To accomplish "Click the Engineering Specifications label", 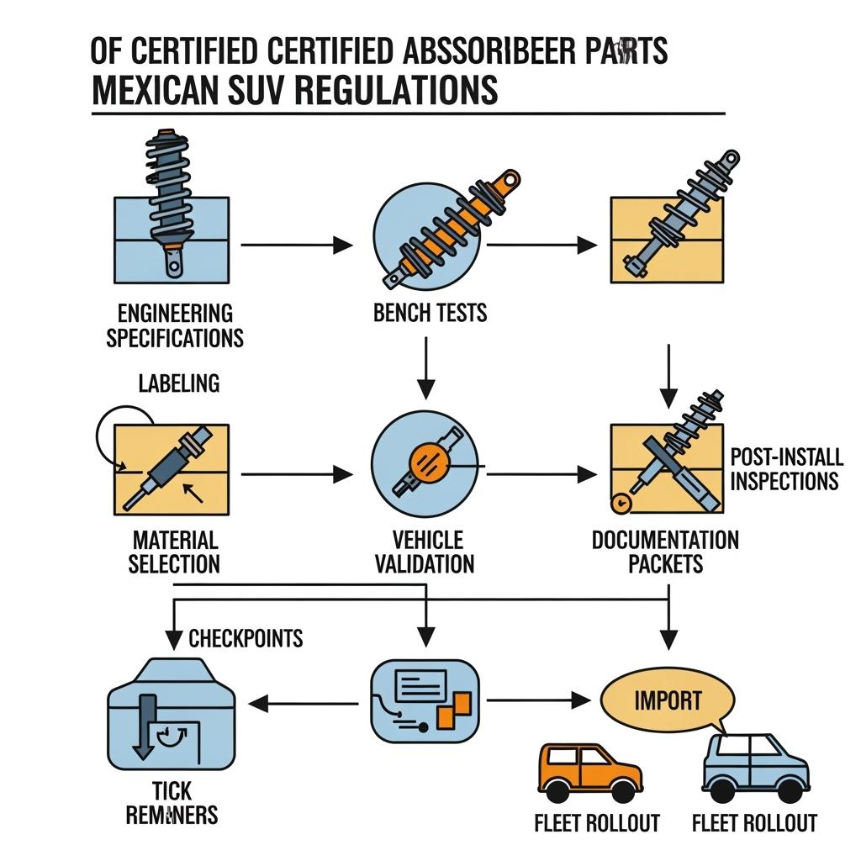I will click(x=175, y=325).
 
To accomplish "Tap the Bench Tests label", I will click(x=430, y=314).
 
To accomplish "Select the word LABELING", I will click(x=178, y=383).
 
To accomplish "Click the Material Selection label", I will click(x=174, y=552).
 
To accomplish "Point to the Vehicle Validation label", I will click(x=428, y=552).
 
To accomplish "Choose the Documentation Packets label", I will click(x=665, y=552).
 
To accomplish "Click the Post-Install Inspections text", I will click(x=785, y=469).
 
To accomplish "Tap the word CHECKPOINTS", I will click(x=246, y=638).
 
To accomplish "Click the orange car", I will click(x=589, y=772).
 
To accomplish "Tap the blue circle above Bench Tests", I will click(x=427, y=229).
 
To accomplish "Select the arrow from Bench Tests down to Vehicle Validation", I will click(x=426, y=367).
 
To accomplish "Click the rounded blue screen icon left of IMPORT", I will click(x=425, y=700).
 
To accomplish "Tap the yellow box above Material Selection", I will click(x=172, y=469).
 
